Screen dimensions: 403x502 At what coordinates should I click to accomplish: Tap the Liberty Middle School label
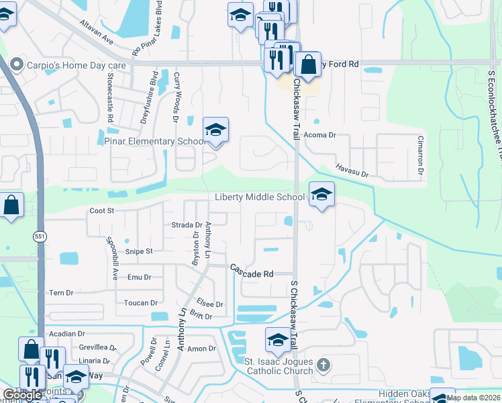click(260, 197)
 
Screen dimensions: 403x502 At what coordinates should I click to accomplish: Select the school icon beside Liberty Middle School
click(321, 194)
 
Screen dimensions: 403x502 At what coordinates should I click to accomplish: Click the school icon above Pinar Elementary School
click(215, 130)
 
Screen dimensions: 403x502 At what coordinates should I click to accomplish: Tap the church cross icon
click(323, 366)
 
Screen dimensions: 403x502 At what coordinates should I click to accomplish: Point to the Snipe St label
click(140, 251)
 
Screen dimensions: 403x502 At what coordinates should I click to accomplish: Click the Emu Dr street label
click(140, 277)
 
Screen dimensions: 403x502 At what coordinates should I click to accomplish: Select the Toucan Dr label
click(141, 303)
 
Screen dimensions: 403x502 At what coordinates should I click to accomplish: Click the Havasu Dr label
click(352, 173)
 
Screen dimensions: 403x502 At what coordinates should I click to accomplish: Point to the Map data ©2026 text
click(473, 398)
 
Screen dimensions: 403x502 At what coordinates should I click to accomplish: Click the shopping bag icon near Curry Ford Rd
click(308, 64)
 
